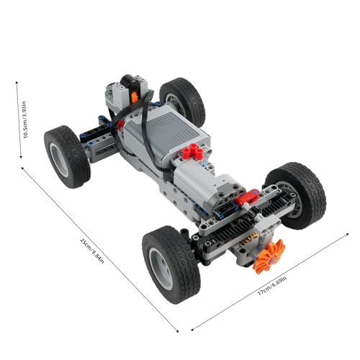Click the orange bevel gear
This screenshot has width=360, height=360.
[x=269, y=256]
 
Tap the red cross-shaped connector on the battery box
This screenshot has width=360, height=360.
[x=194, y=151]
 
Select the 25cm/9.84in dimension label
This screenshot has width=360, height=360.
[x=92, y=251]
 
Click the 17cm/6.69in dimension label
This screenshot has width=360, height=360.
[x=272, y=286]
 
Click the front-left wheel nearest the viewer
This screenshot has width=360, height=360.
[x=171, y=264]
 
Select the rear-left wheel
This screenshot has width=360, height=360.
[x=67, y=156]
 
